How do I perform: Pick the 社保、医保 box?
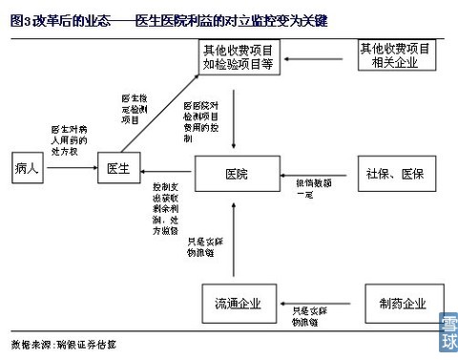click(x=393, y=174)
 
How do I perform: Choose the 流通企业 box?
click(x=236, y=304)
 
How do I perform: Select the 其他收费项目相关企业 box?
click(x=393, y=54)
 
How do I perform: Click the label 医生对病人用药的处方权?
click(x=69, y=138)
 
